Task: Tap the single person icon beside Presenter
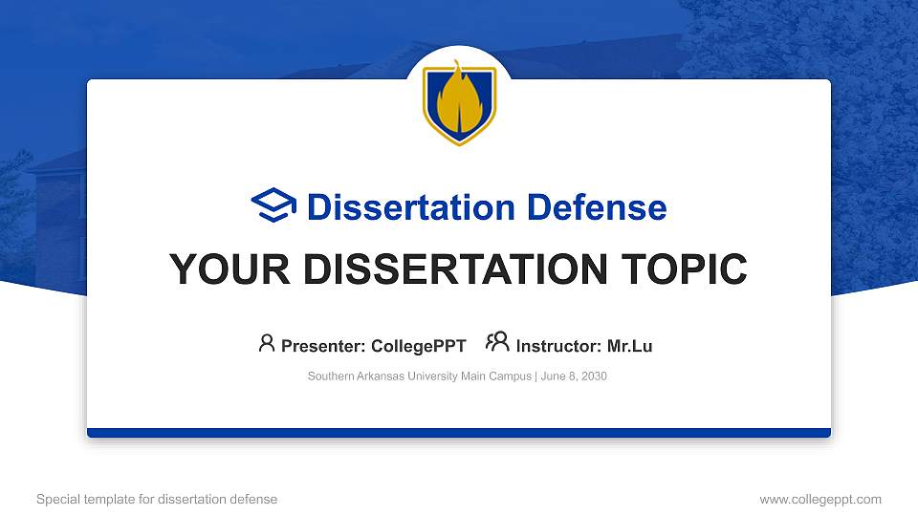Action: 267,343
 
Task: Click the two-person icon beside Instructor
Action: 497,343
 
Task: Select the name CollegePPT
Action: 419,346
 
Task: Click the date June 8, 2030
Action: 574,376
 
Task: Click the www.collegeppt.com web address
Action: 820,499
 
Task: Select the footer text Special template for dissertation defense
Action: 157,499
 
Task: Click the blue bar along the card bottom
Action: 459,433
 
